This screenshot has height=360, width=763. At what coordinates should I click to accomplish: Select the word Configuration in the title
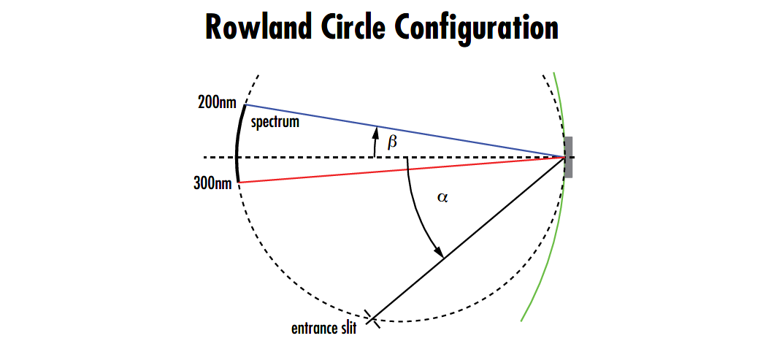click(x=477, y=28)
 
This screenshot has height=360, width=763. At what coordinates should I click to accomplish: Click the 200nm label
click(x=217, y=102)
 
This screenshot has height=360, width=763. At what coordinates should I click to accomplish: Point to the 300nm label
click(x=212, y=183)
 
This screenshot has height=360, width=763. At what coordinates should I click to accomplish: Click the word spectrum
click(x=275, y=122)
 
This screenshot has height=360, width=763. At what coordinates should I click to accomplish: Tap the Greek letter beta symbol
click(x=393, y=142)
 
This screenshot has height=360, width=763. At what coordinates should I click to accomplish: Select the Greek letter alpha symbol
click(x=442, y=197)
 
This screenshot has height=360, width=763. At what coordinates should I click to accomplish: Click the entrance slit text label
click(x=323, y=329)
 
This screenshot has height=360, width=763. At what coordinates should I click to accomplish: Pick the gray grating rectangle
click(x=568, y=156)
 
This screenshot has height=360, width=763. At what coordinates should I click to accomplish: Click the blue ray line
click(x=438, y=135)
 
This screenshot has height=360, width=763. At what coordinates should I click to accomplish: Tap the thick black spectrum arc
click(x=237, y=146)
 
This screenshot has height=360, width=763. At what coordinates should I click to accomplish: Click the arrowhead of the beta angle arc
click(x=375, y=131)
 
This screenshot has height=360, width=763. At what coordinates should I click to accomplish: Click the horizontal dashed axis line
click(x=307, y=157)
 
